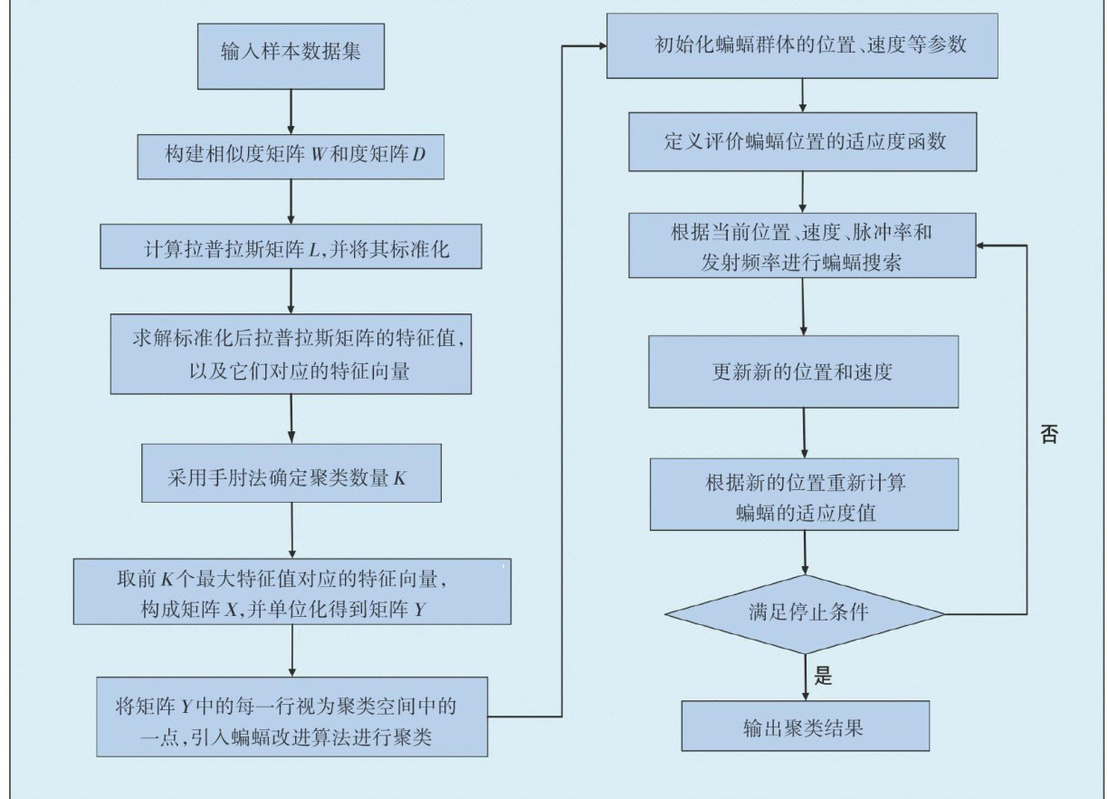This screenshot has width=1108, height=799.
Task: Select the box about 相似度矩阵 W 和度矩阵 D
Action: pos(291,157)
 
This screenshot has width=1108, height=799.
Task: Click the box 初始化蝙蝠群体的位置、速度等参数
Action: pos(802,45)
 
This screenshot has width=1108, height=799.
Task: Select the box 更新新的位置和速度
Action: pos(804,371)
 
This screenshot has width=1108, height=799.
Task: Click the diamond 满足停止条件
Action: pos(805,613)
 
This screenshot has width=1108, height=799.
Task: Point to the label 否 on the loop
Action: pos(1048,434)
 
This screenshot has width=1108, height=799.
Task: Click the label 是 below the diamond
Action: pos(823,676)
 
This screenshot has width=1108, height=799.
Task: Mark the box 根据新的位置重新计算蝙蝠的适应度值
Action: pos(804,496)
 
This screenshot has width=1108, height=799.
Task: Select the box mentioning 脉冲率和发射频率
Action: pos(803,245)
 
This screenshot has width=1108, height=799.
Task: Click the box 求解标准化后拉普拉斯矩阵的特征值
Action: pos(291,353)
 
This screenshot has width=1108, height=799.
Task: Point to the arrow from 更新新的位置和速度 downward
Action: pos(804,433)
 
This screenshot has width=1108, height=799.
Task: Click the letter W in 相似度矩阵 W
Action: pos(316,157)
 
